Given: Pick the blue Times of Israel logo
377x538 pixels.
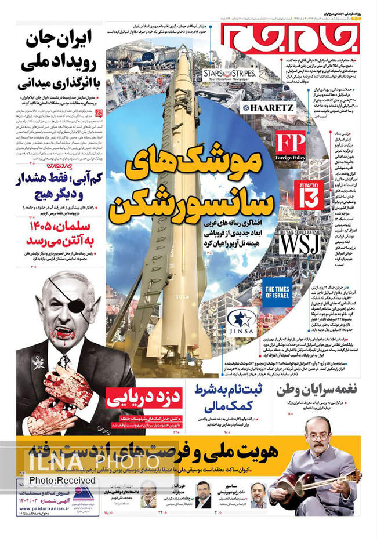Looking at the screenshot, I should [x=277, y=290].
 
